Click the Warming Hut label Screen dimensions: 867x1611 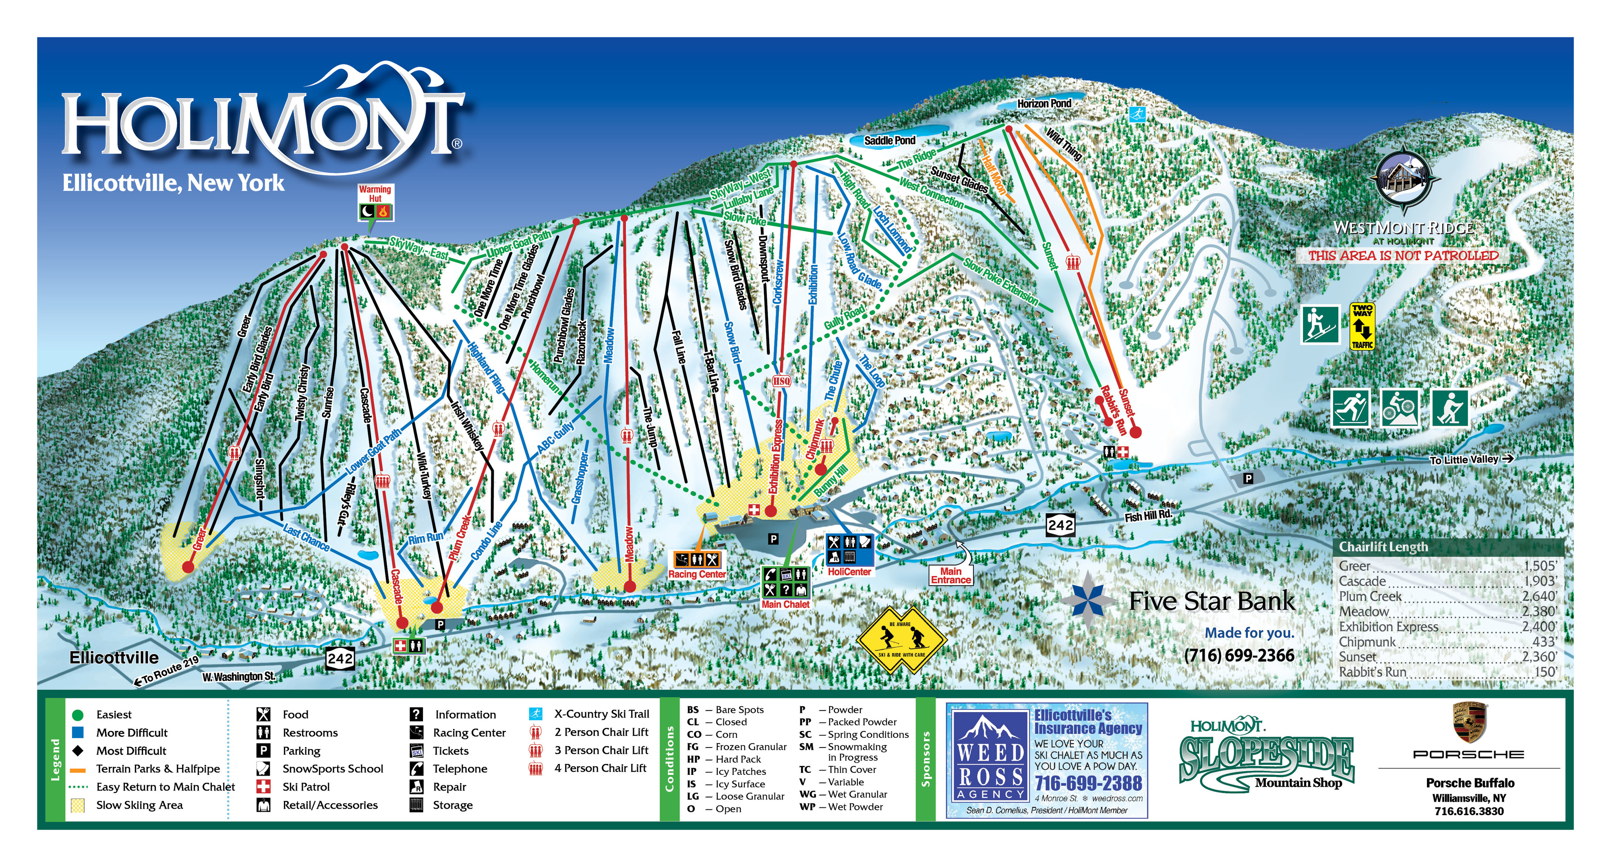(375, 194)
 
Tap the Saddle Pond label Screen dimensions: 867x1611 (889, 140)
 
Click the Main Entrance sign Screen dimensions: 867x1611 (950, 575)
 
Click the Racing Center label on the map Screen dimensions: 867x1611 (697, 574)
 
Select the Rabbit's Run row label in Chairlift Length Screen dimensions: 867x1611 (1372, 672)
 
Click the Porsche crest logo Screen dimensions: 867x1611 (1469, 722)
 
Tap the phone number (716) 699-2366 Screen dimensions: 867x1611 (1238, 655)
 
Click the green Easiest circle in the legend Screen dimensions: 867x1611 (78, 714)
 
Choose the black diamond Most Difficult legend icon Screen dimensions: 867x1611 (78, 750)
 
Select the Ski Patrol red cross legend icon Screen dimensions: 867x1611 (263, 786)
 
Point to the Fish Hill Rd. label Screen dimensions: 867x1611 (1147, 516)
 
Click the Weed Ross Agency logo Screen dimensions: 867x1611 (991, 760)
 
